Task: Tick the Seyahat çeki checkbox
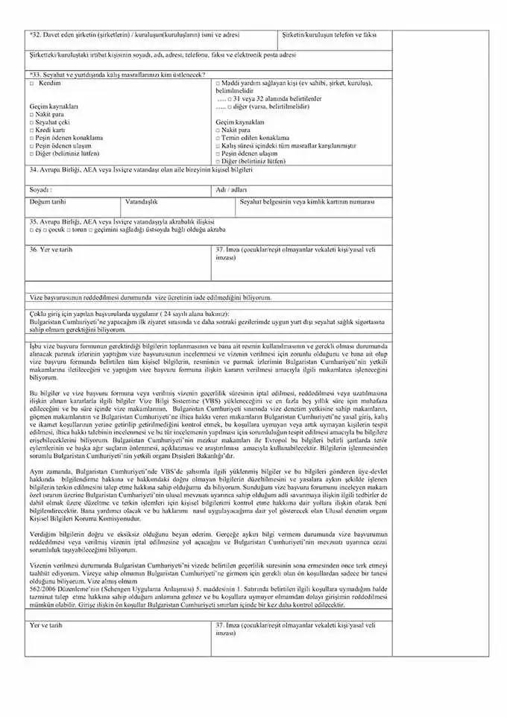click(x=31, y=122)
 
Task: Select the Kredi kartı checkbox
click(x=31, y=130)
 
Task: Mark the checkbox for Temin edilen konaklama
click(x=218, y=138)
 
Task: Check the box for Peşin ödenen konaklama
click(x=31, y=138)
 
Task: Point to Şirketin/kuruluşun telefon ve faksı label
click(x=330, y=35)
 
